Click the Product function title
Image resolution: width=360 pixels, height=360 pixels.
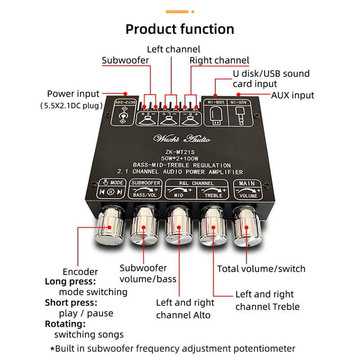coord(180,29)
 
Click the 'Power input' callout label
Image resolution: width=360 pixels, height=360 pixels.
coord(73,94)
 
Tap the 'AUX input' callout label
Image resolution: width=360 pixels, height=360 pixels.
coord(292,95)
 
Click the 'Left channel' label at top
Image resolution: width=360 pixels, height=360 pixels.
coord(174,49)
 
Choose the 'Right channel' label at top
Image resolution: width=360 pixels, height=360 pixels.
coord(219,60)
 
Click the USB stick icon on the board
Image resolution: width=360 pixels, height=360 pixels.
coord(215,117)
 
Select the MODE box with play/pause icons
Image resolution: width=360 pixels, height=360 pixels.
coord(110,189)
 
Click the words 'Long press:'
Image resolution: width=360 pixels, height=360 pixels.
coord(70,282)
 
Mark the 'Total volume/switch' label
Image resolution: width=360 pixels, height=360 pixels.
coord(261,269)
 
